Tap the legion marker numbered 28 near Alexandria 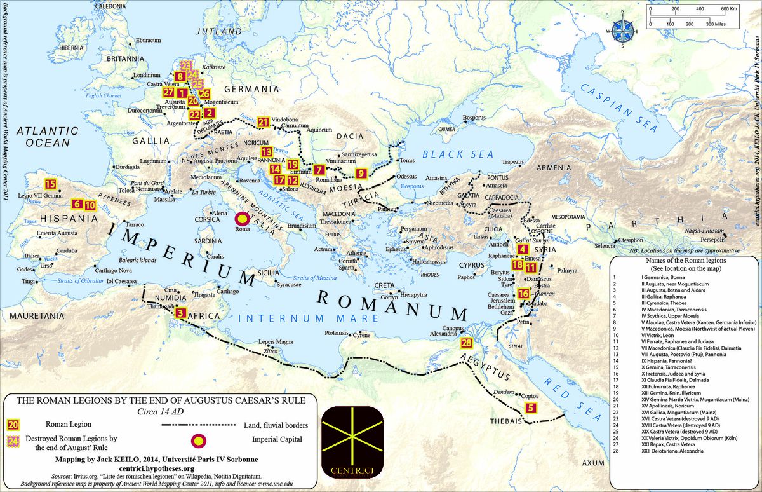[x=467, y=343]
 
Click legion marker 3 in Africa [x=181, y=312]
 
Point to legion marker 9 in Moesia [x=361, y=173]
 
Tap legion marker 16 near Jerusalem [x=523, y=293]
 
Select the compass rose [x=621, y=30]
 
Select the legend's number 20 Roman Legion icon [x=13, y=424]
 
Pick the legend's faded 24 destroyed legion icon [x=13, y=442]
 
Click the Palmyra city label [x=568, y=270]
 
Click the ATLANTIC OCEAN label [x=48, y=137]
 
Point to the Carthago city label [x=227, y=291]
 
